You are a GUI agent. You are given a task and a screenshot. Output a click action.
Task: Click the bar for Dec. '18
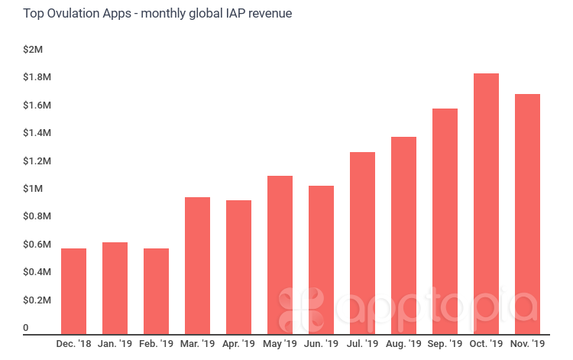[x=73, y=291]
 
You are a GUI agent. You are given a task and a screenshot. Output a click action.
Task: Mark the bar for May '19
[x=280, y=255]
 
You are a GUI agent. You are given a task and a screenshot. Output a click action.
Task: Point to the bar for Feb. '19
[x=156, y=291]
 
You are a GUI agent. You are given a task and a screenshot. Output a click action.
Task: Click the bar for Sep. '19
[x=445, y=222]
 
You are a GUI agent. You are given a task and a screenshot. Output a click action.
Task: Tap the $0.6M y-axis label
[x=37, y=245]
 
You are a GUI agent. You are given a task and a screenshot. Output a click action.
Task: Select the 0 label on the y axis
[x=26, y=328]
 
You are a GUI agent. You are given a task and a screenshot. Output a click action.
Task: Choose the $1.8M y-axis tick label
[x=37, y=77]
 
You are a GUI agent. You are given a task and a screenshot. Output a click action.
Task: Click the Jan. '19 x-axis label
[x=115, y=345]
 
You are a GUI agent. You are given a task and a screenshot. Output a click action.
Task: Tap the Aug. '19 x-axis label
[x=403, y=345]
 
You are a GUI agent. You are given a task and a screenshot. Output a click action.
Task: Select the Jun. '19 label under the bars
[x=321, y=345]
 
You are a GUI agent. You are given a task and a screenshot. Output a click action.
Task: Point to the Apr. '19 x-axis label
[x=238, y=345]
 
